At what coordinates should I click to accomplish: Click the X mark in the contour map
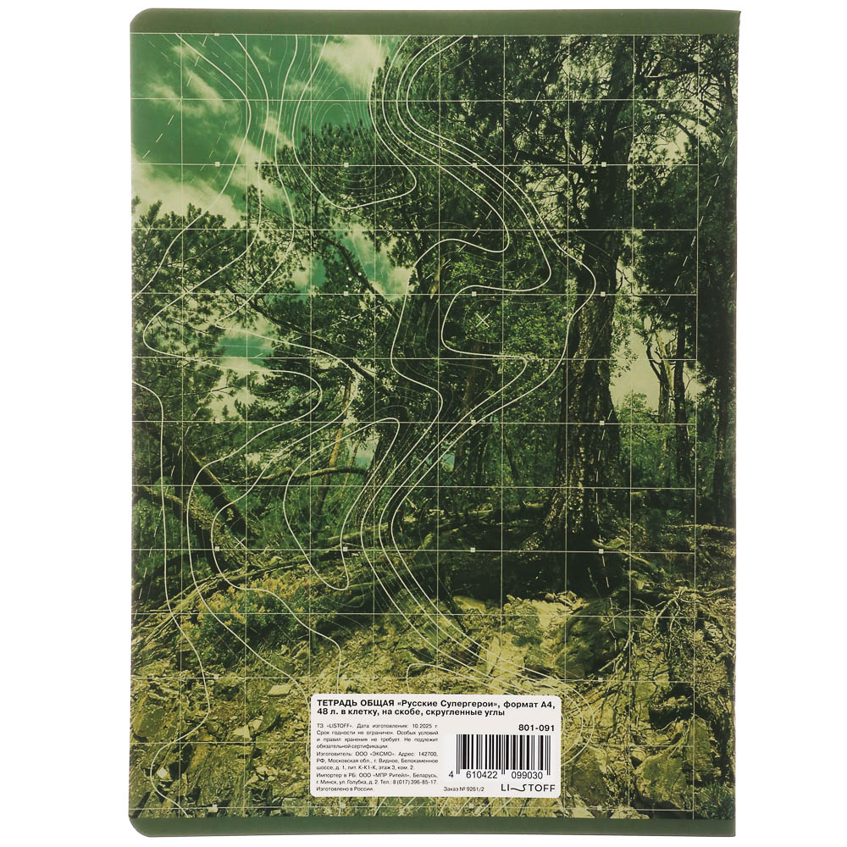click(x=483, y=319)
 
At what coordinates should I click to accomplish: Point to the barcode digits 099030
click(x=532, y=775)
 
